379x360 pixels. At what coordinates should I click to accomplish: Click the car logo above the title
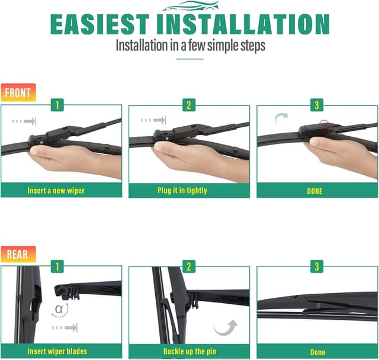point(189,6)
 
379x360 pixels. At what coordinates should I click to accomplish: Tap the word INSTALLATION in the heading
point(246,24)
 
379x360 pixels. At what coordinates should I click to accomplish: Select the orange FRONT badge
point(18,92)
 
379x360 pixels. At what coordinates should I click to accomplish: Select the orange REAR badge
point(18,255)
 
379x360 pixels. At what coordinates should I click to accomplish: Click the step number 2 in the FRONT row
point(189,105)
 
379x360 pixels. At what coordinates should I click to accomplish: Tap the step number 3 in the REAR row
point(317,266)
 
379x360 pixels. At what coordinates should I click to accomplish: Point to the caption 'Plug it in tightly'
point(189,191)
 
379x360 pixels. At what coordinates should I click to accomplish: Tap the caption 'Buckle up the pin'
point(189,352)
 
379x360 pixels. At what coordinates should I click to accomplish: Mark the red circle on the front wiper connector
point(323,125)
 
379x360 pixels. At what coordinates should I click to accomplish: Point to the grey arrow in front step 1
point(24,121)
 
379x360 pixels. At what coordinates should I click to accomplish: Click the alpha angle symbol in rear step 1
point(59,308)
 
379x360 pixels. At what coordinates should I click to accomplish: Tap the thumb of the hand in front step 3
point(320,143)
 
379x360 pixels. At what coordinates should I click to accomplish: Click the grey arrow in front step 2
point(152,121)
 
